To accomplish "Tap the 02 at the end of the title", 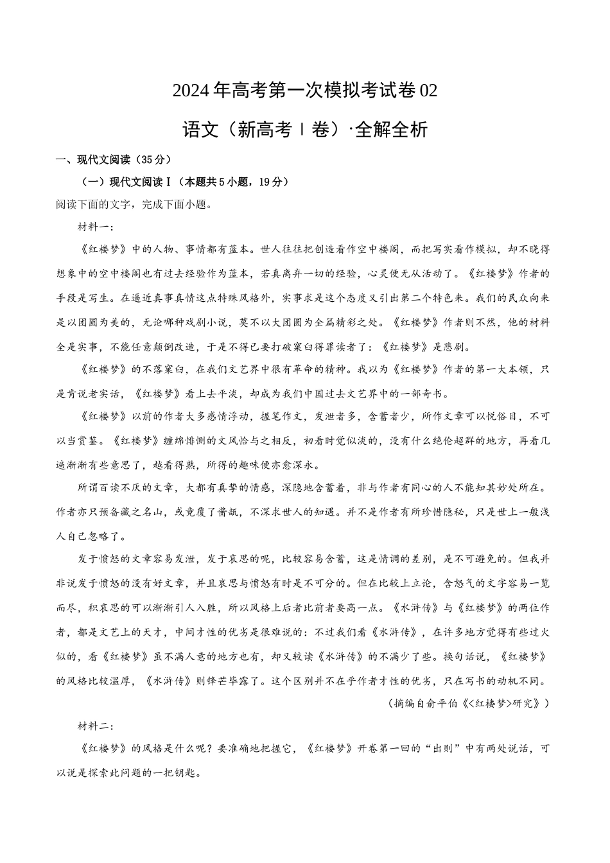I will [x=428, y=91].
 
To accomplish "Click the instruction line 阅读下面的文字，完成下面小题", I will [x=134, y=205].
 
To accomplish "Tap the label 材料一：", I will [x=96, y=227].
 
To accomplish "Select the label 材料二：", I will [x=96, y=726].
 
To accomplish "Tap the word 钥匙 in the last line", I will [x=171, y=772].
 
